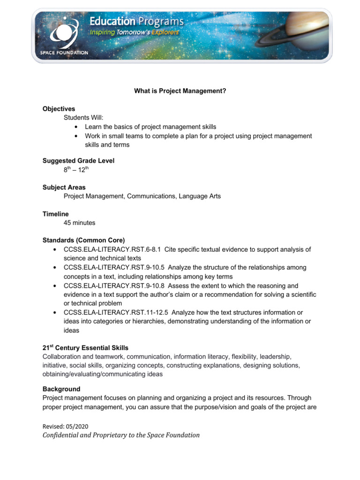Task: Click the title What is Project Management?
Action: (180, 91)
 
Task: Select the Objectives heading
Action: (59, 109)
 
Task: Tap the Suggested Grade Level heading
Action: (78, 161)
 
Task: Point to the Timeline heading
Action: (56, 214)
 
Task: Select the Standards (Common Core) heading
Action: (83, 240)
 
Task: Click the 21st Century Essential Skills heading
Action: (85, 348)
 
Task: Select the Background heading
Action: (61, 389)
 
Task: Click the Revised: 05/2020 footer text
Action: (65, 426)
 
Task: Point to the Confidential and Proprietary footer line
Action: (121, 435)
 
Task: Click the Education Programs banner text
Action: (136, 22)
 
